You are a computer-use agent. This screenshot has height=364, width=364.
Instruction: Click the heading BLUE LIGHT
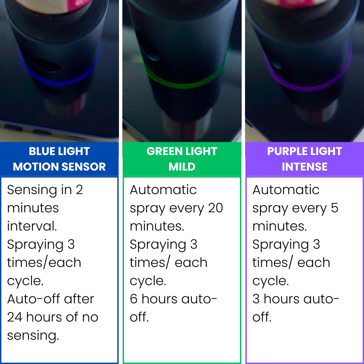[59, 151]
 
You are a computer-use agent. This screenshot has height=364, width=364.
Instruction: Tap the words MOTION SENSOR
[59, 166]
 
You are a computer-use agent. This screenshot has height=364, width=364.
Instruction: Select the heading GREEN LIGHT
[182, 151]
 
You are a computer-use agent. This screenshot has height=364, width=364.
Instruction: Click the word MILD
[182, 166]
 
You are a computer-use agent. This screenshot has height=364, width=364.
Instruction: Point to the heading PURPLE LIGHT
[304, 151]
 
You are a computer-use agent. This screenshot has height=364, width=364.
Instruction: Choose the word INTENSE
[304, 166]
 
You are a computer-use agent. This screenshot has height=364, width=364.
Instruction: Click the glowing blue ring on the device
[61, 80]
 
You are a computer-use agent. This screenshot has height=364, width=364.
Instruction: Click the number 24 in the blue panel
[14, 317]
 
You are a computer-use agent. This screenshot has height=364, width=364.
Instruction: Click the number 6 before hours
[133, 299]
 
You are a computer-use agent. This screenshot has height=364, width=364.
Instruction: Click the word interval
[32, 226]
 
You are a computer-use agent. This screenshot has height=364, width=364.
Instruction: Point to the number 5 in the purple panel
[334, 208]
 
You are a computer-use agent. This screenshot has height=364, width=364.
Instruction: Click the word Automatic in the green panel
[163, 190]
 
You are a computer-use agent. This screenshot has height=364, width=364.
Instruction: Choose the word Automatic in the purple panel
[286, 190]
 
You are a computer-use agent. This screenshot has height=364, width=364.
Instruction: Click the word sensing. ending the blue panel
[33, 336]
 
